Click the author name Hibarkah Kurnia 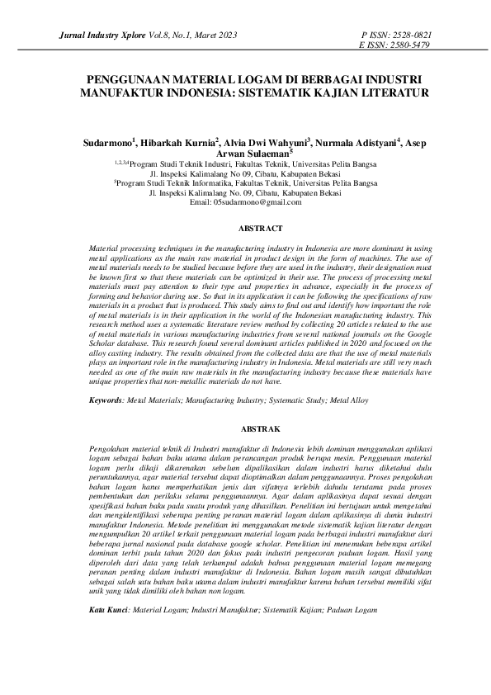[176, 142]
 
